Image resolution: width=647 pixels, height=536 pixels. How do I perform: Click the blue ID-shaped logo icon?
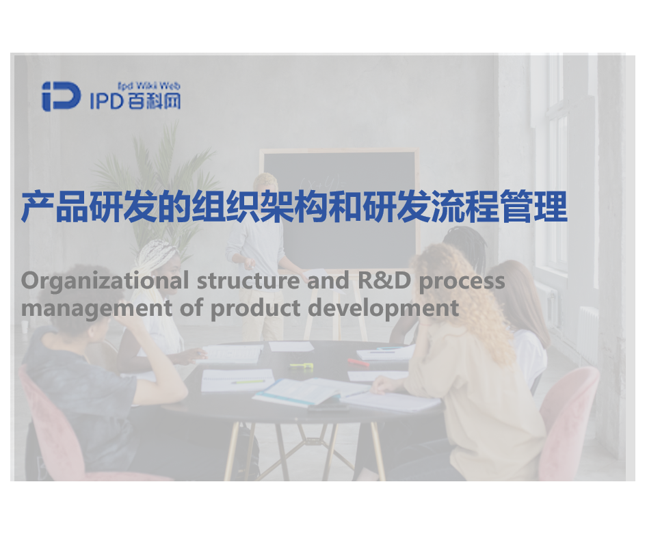click(61, 96)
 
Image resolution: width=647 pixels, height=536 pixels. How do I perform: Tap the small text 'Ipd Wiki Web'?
click(149, 86)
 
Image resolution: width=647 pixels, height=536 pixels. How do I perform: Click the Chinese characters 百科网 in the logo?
click(154, 101)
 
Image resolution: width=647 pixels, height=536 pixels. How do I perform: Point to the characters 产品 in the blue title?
click(55, 206)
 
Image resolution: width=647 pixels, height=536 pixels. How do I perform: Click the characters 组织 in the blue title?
click(226, 206)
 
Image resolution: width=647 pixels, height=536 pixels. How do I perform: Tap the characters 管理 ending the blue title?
click(533, 206)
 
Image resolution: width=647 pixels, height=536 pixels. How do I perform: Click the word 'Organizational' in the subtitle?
click(105, 281)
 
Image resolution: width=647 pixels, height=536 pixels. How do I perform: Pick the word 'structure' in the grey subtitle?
click(248, 280)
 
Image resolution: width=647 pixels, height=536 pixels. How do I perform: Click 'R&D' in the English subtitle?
click(384, 280)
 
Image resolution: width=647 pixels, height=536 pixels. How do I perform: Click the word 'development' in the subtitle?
click(383, 308)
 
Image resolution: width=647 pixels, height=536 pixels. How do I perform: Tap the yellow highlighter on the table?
click(302, 366)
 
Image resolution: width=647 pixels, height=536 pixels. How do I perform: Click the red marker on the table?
click(358, 363)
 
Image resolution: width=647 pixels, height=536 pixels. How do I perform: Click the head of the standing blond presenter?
click(265, 187)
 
